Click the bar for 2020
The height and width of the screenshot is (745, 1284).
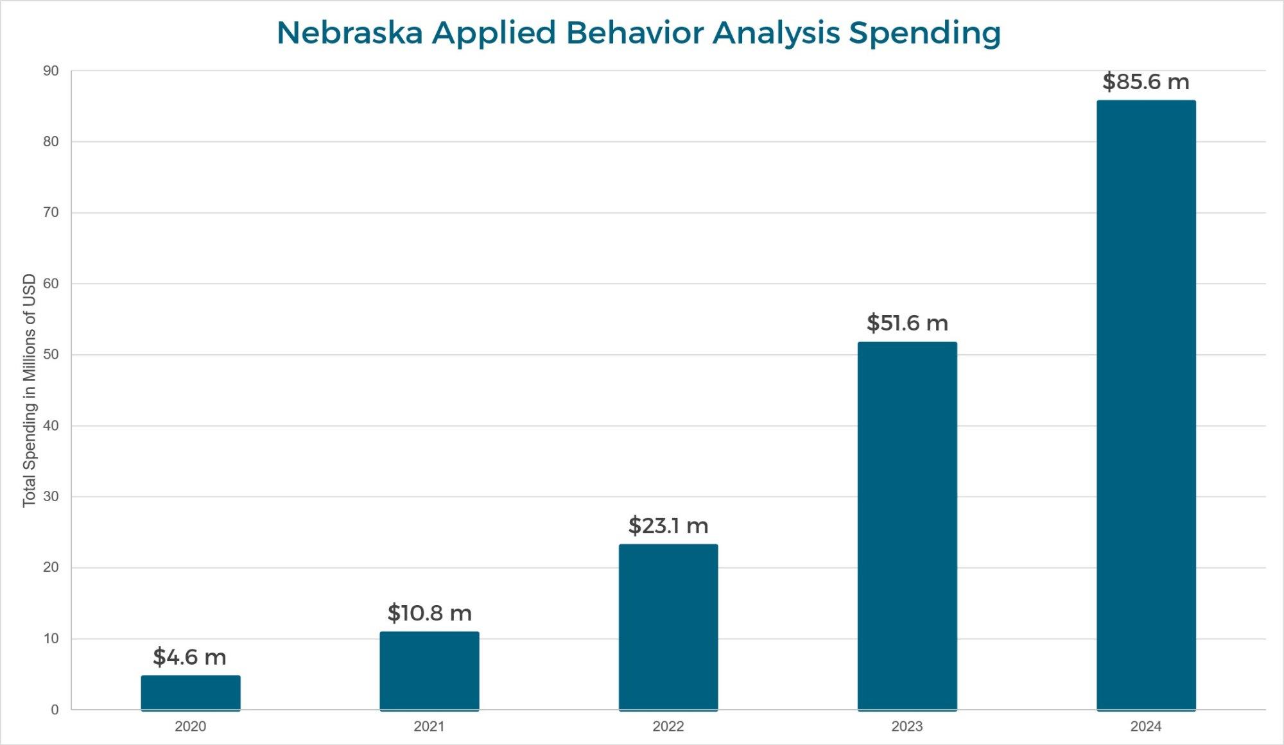[191, 693]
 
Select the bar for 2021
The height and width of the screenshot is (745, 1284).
[429, 671]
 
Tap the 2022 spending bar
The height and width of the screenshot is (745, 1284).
[668, 627]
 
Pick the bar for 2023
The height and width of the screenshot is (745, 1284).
[907, 526]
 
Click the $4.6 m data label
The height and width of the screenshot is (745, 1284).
[189, 657]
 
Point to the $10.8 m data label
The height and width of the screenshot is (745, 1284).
[429, 613]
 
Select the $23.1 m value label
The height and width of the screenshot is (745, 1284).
[668, 526]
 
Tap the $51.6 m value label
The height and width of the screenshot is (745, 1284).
[907, 323]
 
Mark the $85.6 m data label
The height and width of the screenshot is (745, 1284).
[1146, 81]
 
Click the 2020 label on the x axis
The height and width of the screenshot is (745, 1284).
[191, 726]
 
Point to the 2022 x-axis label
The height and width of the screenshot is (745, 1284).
[668, 726]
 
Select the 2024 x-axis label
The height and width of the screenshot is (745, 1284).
[1146, 726]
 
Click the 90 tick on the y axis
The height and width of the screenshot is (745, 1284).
[51, 71]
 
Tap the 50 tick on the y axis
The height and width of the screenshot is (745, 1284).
[51, 355]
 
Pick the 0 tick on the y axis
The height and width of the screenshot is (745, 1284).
[55, 710]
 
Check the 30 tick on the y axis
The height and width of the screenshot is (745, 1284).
[51, 497]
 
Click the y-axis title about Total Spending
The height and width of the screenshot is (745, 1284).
[30, 390]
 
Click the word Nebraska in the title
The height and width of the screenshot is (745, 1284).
[349, 33]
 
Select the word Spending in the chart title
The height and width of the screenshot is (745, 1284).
[924, 33]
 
